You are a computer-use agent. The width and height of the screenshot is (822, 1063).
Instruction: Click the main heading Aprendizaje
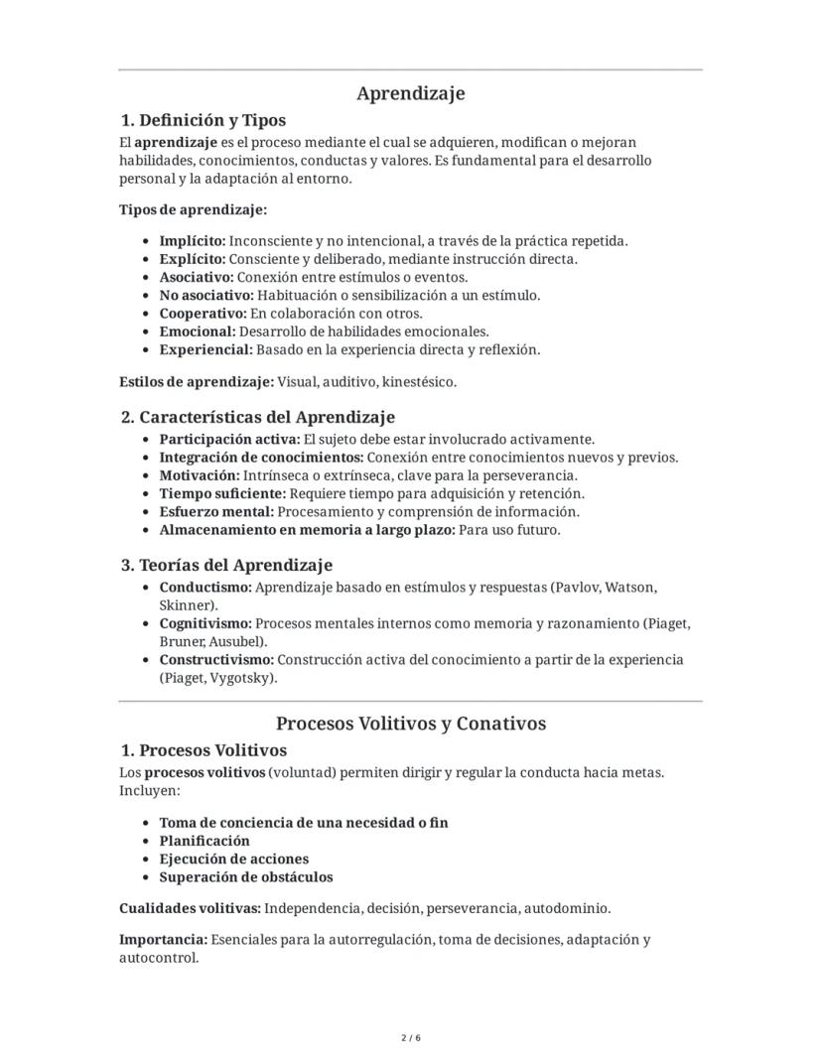tap(410, 93)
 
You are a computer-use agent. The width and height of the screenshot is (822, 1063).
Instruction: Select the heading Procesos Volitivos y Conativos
tap(410, 724)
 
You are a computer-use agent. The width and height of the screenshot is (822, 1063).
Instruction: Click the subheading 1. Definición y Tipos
tap(203, 120)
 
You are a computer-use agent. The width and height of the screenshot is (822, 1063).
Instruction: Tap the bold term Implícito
tap(193, 240)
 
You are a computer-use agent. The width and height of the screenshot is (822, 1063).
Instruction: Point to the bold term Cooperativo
tap(202, 314)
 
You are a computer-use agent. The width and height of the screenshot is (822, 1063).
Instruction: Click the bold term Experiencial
tap(205, 349)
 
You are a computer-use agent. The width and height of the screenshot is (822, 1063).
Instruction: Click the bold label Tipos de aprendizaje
tap(193, 209)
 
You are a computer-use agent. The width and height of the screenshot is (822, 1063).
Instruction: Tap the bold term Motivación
tap(198, 475)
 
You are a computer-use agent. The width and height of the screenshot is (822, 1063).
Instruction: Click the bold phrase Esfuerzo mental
tap(216, 512)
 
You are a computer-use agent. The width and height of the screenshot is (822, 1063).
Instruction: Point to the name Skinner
tap(186, 604)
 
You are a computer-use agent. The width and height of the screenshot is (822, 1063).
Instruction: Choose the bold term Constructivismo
tap(216, 660)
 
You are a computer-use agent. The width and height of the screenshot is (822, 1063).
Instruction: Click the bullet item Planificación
tap(205, 841)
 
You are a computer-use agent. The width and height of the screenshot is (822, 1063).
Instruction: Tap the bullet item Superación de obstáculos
tap(246, 877)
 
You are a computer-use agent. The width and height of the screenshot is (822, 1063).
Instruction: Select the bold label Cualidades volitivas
tap(190, 908)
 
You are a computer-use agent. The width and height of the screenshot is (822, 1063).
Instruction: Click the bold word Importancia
tap(163, 939)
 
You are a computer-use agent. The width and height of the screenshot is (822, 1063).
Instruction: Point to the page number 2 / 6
tap(410, 1038)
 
